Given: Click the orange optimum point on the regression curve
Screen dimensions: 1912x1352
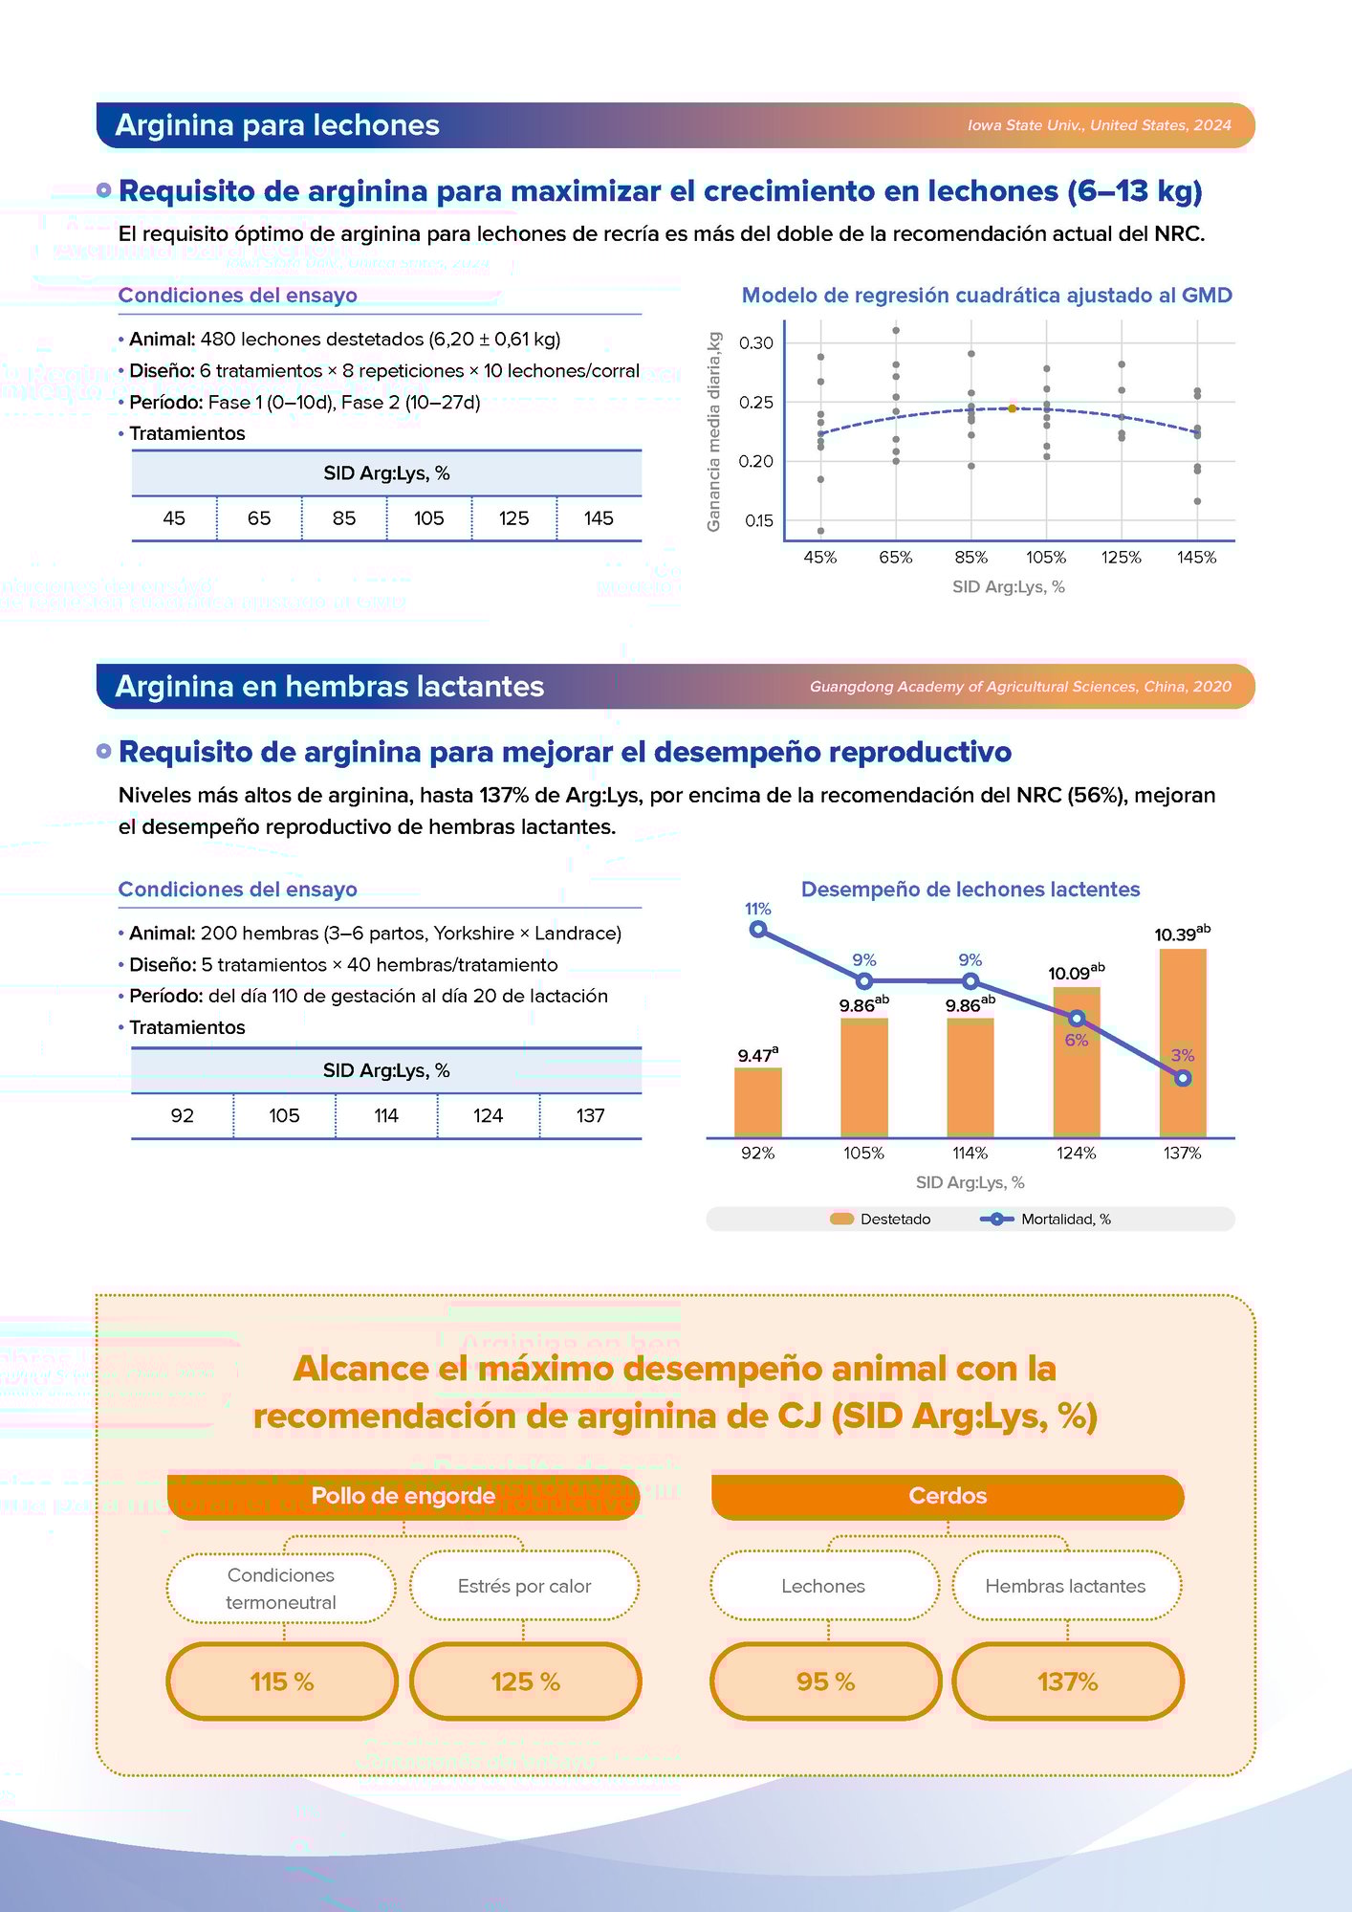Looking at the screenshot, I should pyautogui.click(x=1012, y=408).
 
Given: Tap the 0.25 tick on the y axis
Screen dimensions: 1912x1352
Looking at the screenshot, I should pyautogui.click(x=755, y=403).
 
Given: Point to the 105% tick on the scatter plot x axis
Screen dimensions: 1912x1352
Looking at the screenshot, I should pyautogui.click(x=1046, y=558).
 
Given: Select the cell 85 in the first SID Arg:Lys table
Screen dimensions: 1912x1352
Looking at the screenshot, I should pyautogui.click(x=344, y=518).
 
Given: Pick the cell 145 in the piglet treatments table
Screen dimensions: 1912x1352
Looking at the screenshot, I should pyautogui.click(x=599, y=518).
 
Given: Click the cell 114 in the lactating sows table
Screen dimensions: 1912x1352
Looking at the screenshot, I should pyautogui.click(x=386, y=1116).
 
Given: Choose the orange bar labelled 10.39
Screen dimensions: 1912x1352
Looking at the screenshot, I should pyautogui.click(x=1183, y=1043).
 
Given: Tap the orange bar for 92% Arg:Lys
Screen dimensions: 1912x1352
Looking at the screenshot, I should pyautogui.click(x=758, y=1102).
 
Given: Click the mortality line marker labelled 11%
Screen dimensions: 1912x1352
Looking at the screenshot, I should pyautogui.click(x=758, y=929).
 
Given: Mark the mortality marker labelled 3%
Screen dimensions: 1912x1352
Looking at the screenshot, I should pyautogui.click(x=1183, y=1078).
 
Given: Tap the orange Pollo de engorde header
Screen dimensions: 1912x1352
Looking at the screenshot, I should pyautogui.click(x=403, y=1496).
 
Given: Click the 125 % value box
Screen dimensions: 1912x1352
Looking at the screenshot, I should pyautogui.click(x=525, y=1681).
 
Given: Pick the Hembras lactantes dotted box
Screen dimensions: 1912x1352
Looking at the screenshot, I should pyautogui.click(x=1066, y=1586).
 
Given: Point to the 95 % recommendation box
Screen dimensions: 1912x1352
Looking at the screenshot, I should pyautogui.click(x=826, y=1681).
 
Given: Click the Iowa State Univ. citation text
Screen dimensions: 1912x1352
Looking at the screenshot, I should pyautogui.click(x=1099, y=125).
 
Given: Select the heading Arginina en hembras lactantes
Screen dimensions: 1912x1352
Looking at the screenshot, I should pyautogui.click(x=329, y=687).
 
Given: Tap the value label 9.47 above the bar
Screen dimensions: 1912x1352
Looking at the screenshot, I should pyautogui.click(x=756, y=1056).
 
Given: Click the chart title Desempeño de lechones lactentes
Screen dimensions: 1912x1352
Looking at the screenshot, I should pyautogui.click(x=970, y=890).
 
